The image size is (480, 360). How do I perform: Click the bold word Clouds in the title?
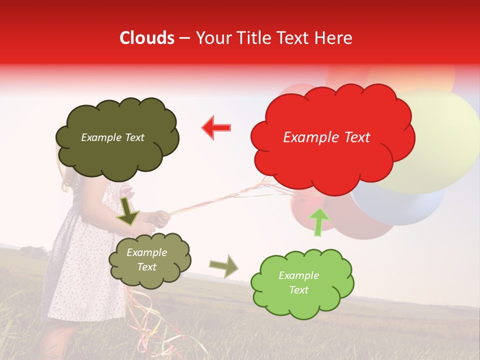click(147, 38)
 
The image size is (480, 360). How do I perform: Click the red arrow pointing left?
click(216, 127)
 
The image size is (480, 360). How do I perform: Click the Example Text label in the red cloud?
click(326, 137)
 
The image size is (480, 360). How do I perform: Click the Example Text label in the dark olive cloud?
click(112, 137)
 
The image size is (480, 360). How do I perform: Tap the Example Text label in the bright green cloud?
click(298, 282)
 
